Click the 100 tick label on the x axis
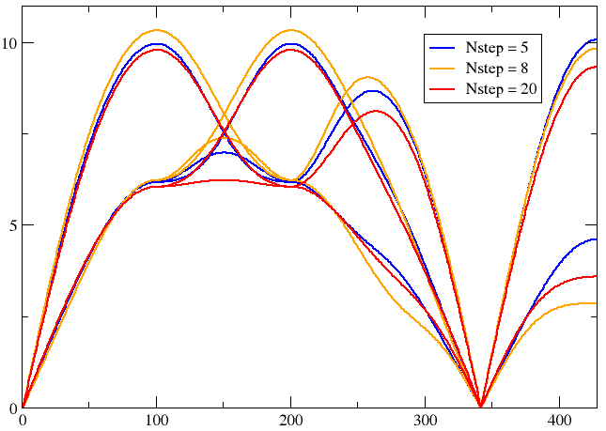coord(156,420)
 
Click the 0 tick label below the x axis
coord(23,420)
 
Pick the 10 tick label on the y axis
coord(8,43)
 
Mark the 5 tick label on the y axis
coord(12,225)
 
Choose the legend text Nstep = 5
coord(501,47)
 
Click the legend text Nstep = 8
coord(501,68)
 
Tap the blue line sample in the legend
coord(443,47)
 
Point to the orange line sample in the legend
coord(443,68)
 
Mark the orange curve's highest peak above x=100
coord(156,30)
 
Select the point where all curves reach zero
coord(481,407)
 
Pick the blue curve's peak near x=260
coord(374,91)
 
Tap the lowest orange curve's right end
coord(597,302)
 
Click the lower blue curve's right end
coord(597,239)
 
